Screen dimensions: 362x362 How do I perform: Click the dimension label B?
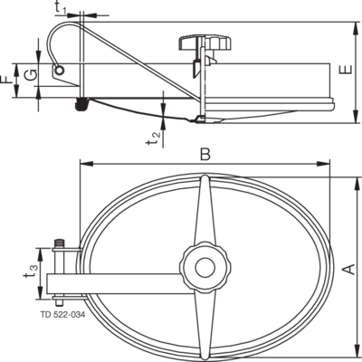pyautogui.click(x=205, y=155)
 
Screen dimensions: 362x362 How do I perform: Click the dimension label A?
pyautogui.click(x=348, y=269)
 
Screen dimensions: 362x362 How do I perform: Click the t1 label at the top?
pyautogui.click(x=61, y=8)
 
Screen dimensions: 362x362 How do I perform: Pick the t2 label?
pyautogui.click(x=153, y=138)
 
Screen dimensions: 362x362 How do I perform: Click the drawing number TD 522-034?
pyautogui.click(x=62, y=315)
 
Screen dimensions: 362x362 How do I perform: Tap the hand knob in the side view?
pyautogui.click(x=205, y=43)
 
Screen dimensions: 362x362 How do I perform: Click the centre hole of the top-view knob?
pyautogui.click(x=205, y=268)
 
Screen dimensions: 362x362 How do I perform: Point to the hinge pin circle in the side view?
pyautogui.click(x=60, y=71)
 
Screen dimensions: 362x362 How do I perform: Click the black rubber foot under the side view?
pyautogui.click(x=81, y=104)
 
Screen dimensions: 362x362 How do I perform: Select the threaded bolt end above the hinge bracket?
pyautogui.click(x=59, y=243)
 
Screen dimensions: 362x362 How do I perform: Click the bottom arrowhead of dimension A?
pyautogui.click(x=357, y=353)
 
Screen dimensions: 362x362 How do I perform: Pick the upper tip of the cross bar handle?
pyautogui.click(x=205, y=176)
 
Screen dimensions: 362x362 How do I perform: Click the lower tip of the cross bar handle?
pyautogui.click(x=205, y=358)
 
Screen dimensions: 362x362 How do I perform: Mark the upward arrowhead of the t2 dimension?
pyautogui.click(x=163, y=122)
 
